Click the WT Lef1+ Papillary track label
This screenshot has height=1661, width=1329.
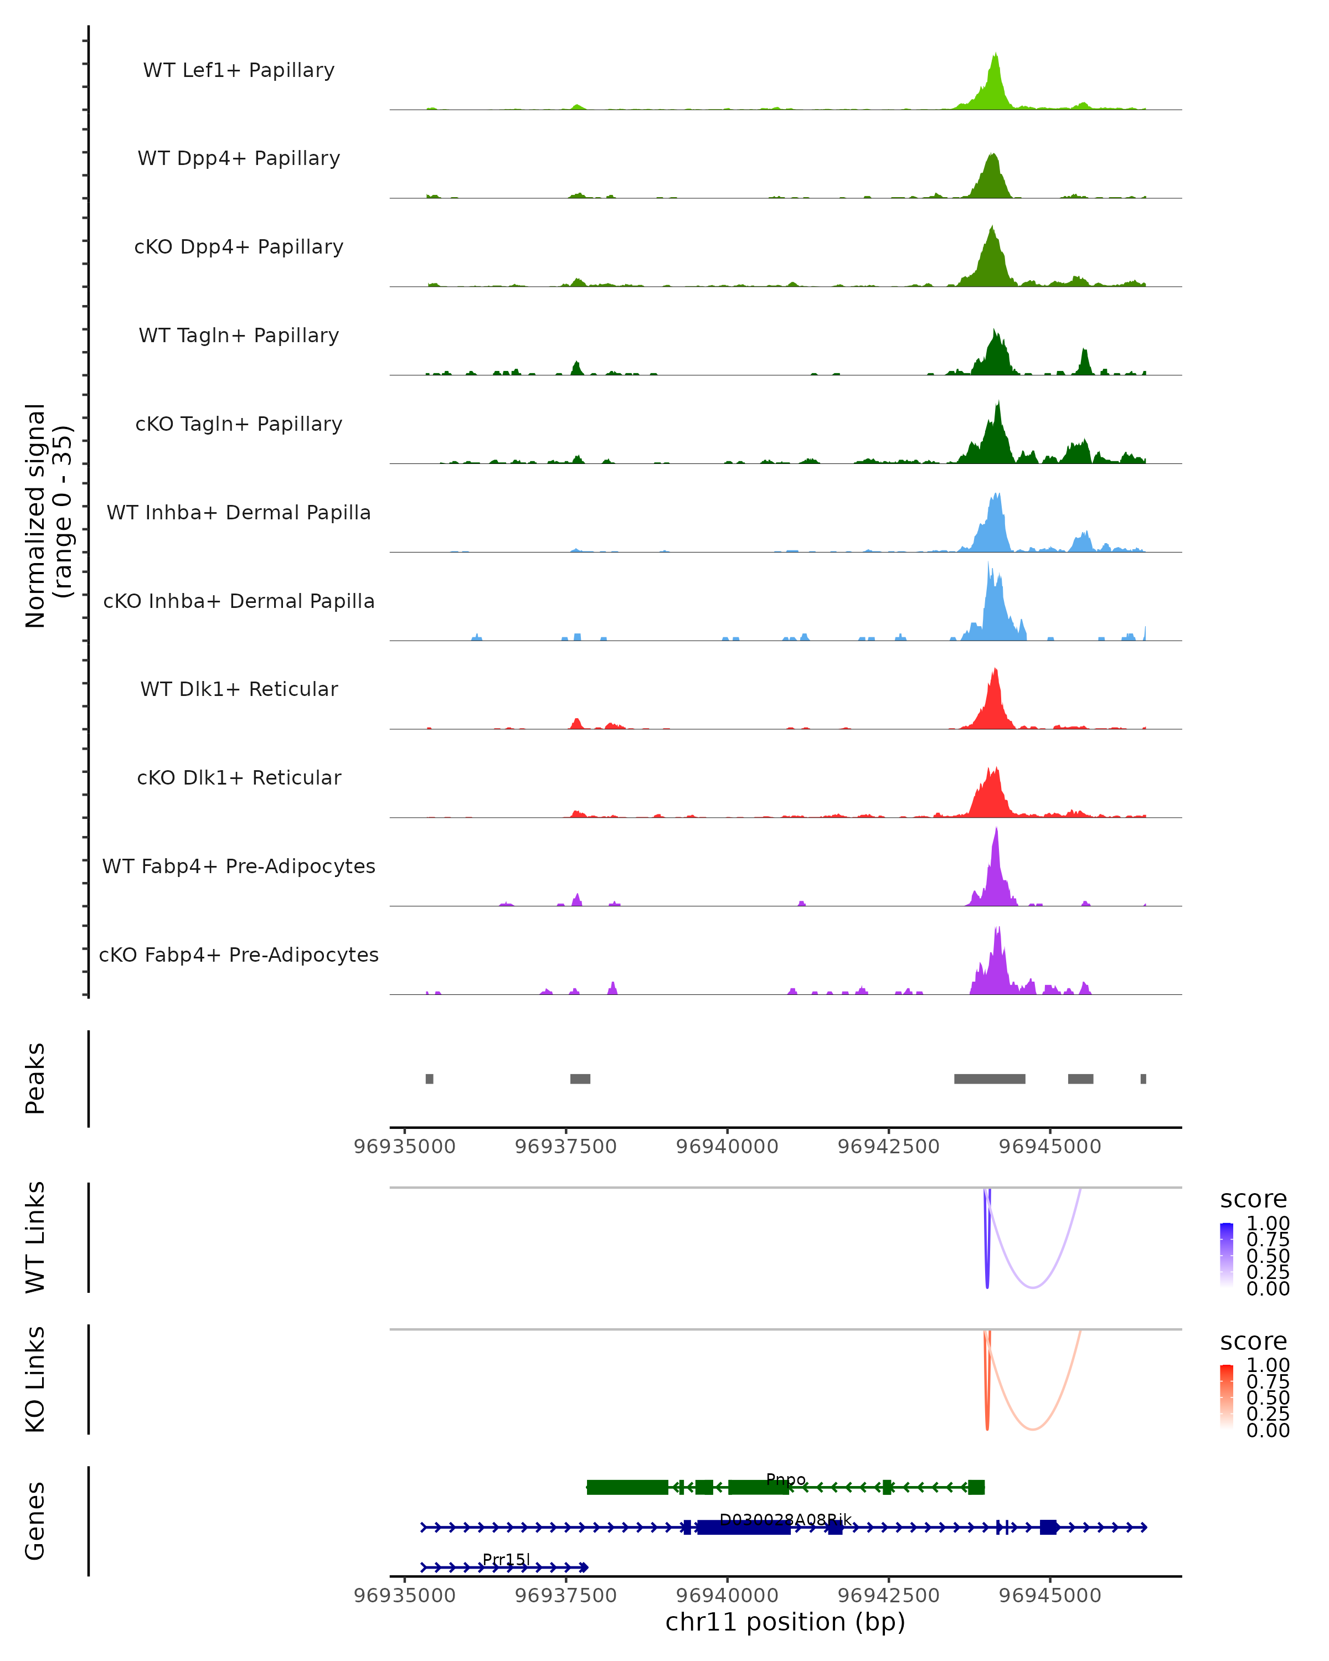[239, 70]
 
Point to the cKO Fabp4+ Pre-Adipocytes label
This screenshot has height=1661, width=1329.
[239, 955]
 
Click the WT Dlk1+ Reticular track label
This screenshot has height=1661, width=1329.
[239, 689]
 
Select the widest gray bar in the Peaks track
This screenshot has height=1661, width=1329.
[989, 1079]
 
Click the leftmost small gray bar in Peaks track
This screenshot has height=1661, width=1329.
[429, 1079]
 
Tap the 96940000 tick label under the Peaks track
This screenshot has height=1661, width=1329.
[727, 1147]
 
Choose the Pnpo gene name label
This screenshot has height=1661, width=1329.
[786, 1479]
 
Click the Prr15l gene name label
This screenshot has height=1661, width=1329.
[506, 1559]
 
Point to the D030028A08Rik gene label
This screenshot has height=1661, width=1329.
[785, 1519]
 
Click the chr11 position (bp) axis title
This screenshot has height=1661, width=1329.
[785, 1622]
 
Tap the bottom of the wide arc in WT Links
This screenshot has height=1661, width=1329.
[1033, 1287]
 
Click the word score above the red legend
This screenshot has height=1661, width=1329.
[1254, 1342]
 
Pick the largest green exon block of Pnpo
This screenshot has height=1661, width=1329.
[627, 1487]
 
